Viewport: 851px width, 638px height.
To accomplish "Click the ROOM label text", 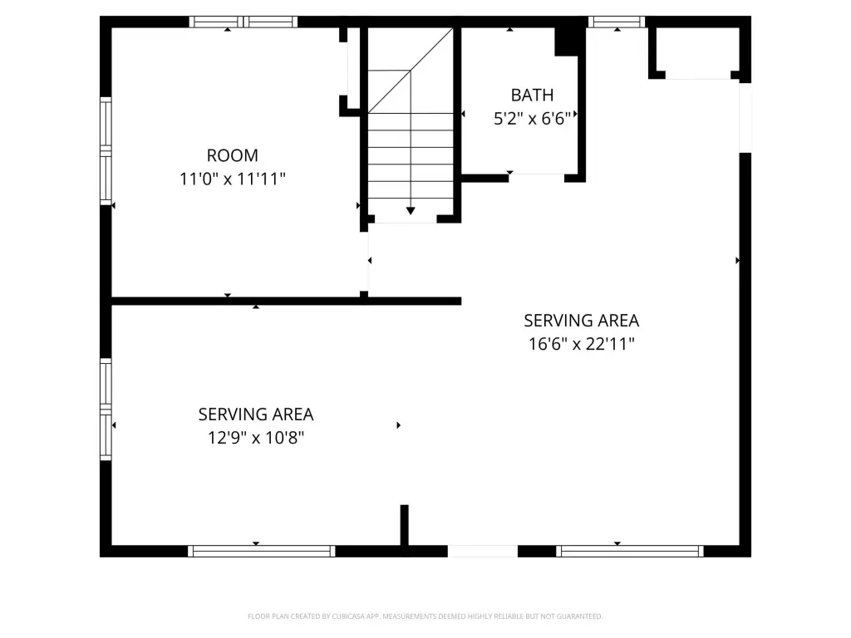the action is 233,155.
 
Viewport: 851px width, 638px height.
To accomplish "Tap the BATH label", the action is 533,96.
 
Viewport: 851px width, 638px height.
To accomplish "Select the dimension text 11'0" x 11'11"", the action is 233,179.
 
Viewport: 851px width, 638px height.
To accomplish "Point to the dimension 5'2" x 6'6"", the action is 533,118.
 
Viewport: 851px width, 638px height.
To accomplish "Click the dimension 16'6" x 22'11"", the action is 581,344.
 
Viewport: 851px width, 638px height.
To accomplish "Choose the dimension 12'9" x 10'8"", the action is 256,437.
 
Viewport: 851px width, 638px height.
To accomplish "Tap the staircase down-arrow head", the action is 411,210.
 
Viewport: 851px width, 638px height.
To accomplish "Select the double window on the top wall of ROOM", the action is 243,22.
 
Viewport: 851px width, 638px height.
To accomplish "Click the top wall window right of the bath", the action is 617,22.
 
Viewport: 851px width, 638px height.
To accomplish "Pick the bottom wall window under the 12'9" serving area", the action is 262,552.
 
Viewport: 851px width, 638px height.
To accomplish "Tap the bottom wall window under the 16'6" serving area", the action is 630,552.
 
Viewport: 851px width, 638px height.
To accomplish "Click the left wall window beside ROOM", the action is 106,151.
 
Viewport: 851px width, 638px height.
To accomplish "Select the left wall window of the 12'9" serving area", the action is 106,410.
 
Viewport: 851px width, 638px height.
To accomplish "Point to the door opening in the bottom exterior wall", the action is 483,552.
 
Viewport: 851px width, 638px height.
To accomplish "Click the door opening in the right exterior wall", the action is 745,118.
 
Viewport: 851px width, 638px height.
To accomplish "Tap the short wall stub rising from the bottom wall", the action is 405,525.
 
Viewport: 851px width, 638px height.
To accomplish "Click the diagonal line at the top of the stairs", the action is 411,71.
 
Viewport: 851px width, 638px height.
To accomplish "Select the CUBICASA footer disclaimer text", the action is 425,616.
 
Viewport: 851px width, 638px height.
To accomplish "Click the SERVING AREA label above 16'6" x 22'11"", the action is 581,321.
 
